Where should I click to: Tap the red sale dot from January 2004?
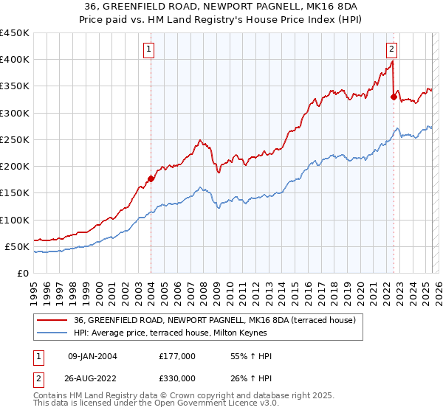(151, 178)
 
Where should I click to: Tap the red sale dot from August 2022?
(394, 96)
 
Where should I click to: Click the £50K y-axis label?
(17, 246)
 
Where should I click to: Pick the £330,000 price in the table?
(177, 378)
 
